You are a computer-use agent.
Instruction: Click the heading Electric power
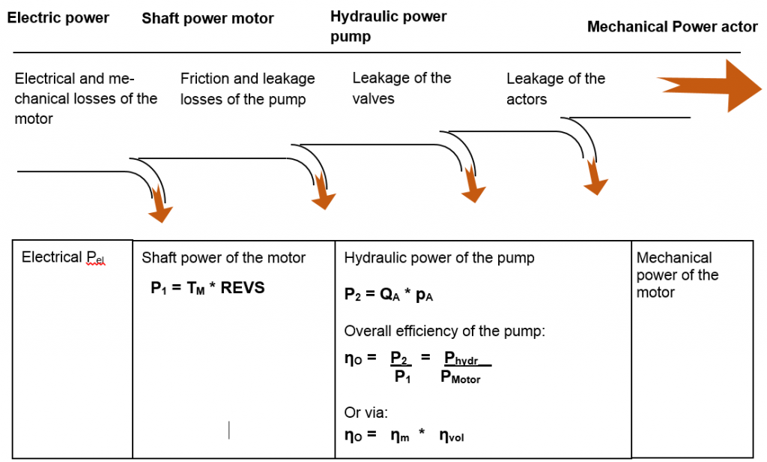(x=58, y=17)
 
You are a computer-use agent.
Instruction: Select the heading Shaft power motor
(x=207, y=18)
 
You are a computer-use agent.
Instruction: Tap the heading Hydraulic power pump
(x=388, y=25)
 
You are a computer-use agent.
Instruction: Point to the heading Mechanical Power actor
(x=672, y=27)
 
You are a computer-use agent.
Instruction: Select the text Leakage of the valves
(x=401, y=88)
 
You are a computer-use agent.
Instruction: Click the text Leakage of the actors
(x=555, y=88)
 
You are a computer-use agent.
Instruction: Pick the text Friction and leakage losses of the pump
(x=247, y=88)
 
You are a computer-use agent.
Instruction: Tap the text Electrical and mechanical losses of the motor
(x=85, y=98)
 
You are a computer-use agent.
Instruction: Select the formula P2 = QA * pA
(x=389, y=295)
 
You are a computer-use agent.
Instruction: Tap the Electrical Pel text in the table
(x=64, y=258)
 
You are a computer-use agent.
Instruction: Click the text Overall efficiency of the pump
(x=444, y=331)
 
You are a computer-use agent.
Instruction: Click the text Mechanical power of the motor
(x=677, y=274)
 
